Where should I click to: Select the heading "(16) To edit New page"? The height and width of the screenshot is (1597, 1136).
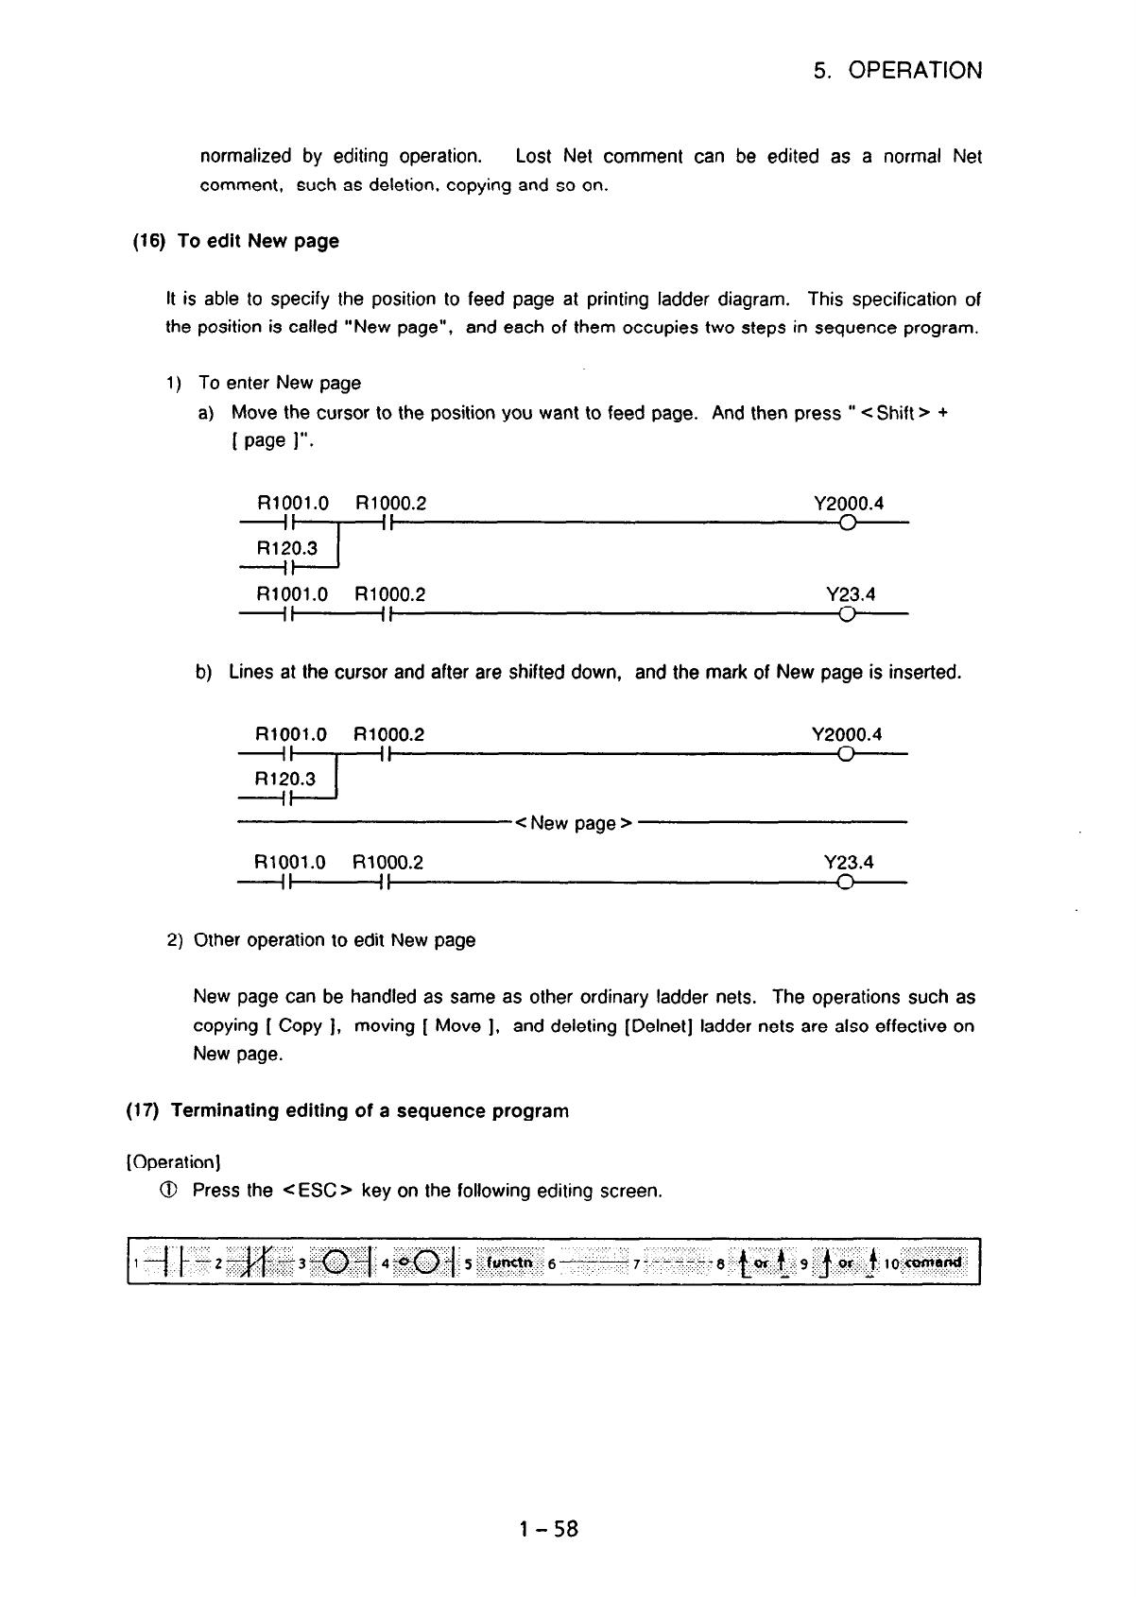(234, 241)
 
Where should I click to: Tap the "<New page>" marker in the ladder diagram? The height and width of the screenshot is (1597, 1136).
(573, 823)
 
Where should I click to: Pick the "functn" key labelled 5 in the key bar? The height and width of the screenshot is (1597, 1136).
(510, 1262)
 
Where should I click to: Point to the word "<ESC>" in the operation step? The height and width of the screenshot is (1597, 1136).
(318, 1191)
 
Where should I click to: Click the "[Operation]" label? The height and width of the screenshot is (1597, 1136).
(172, 1159)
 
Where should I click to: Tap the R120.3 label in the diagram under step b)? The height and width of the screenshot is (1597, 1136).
(286, 779)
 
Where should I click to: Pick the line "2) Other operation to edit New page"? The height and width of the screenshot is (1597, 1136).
(321, 940)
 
